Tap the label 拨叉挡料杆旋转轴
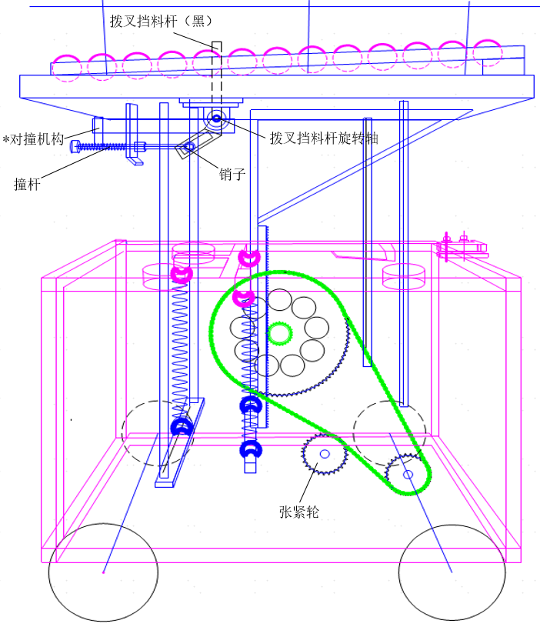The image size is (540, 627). (324, 138)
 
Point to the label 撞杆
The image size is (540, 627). (26, 184)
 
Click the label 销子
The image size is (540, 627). (232, 174)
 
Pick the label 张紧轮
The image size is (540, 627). (298, 511)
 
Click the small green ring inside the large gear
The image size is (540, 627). (280, 333)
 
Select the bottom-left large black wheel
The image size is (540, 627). (103, 572)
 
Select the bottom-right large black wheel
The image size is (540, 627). (452, 572)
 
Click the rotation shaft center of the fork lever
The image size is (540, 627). (217, 118)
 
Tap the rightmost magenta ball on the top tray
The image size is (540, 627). (488, 52)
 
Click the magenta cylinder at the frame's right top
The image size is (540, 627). (404, 276)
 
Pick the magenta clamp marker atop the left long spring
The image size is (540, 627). (181, 274)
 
